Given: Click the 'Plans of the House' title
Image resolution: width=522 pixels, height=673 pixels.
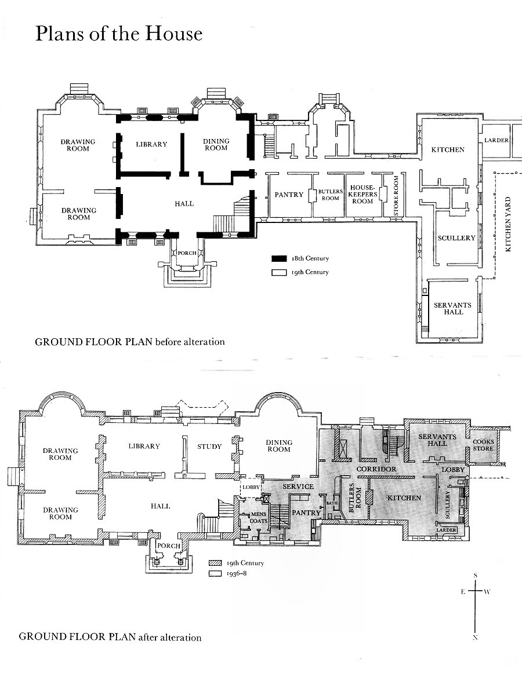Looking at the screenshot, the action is click(119, 34).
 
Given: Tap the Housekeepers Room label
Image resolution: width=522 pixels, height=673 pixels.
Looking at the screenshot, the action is click(363, 195).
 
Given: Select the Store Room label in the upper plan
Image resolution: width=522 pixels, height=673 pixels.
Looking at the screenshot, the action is click(396, 196).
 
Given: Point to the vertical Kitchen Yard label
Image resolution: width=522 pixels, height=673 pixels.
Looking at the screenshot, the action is click(508, 224).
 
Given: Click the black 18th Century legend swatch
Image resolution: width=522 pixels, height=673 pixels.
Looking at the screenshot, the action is click(278, 258).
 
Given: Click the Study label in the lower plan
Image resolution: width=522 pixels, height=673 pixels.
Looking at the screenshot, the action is click(209, 447).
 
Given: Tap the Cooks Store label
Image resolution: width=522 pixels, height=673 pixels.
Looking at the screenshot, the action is click(483, 445).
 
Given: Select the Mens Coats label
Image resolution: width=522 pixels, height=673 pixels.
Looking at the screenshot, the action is click(259, 518).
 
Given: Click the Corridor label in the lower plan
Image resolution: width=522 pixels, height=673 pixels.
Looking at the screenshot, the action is click(376, 469).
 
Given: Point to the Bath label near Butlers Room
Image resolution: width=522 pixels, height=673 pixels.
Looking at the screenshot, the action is click(332, 503).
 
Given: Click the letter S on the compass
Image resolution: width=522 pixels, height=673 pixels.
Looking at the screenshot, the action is click(475, 575).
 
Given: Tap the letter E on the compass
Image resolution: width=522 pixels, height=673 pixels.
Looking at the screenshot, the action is click(463, 592).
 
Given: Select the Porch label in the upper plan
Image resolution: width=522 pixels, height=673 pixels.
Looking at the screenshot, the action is click(187, 253).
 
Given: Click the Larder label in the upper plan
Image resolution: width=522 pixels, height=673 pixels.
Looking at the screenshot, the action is click(496, 140).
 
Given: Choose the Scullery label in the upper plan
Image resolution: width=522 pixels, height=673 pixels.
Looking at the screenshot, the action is click(456, 238).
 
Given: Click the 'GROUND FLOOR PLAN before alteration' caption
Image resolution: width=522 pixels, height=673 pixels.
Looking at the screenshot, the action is click(129, 342).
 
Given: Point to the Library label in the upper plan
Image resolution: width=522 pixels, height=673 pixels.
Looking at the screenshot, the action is click(151, 144).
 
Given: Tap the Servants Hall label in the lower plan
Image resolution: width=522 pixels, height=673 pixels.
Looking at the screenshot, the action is click(437, 440).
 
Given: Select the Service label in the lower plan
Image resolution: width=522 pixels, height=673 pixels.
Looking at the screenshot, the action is click(298, 487).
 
